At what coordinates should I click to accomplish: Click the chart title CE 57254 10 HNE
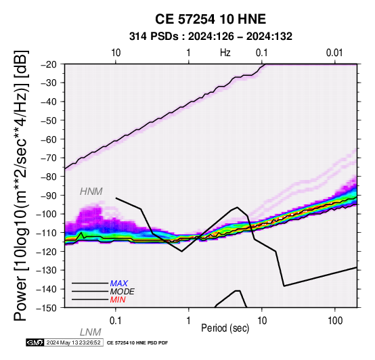click(211, 19)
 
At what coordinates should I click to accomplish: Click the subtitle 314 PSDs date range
click(211, 37)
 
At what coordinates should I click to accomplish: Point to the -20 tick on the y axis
click(52, 64)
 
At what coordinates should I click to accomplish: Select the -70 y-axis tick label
click(52, 158)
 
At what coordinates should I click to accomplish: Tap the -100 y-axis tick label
click(49, 214)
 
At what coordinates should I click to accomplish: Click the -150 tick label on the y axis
click(49, 308)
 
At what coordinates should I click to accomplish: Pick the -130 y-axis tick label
click(49, 270)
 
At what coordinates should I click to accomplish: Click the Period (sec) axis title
click(225, 328)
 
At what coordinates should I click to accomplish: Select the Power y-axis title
click(21, 185)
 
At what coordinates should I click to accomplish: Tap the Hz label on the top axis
click(225, 53)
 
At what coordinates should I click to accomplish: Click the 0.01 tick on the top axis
click(334, 53)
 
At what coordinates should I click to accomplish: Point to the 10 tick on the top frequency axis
click(116, 53)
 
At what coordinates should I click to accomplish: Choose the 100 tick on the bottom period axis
click(335, 321)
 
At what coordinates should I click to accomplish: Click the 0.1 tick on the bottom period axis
click(116, 321)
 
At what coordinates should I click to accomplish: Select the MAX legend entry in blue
click(119, 284)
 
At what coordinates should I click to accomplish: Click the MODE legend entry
click(123, 292)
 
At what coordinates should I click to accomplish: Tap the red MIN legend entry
click(118, 300)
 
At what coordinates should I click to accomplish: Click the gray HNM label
click(91, 192)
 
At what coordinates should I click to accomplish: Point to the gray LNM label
click(91, 332)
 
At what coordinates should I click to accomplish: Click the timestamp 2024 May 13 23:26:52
click(73, 342)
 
